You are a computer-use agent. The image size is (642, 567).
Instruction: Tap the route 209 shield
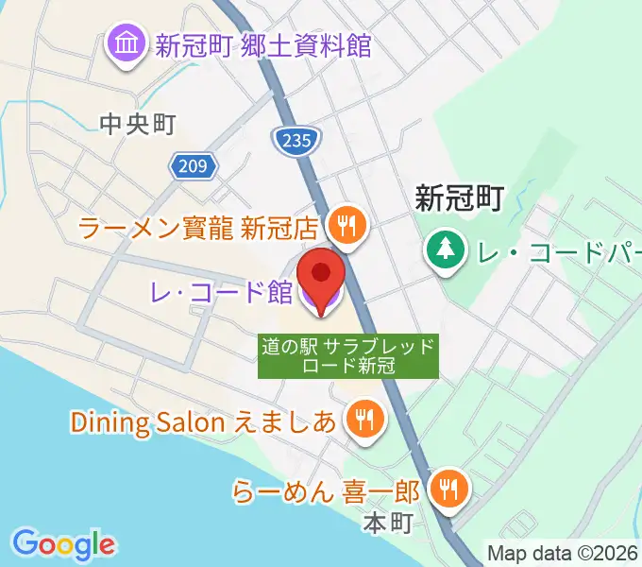click(x=194, y=166)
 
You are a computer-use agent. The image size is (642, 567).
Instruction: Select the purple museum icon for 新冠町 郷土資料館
click(x=125, y=44)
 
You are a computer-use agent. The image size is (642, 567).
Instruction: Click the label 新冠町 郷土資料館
click(x=263, y=45)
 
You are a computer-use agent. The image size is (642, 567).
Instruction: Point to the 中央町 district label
click(x=138, y=124)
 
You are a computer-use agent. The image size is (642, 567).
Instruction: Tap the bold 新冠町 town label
click(x=460, y=198)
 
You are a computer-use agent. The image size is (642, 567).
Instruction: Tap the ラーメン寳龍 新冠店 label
click(x=199, y=227)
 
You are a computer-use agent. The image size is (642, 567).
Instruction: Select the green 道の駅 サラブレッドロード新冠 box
click(x=348, y=356)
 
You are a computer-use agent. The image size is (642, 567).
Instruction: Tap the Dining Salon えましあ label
click(x=203, y=421)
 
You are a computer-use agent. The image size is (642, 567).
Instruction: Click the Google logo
click(x=63, y=543)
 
